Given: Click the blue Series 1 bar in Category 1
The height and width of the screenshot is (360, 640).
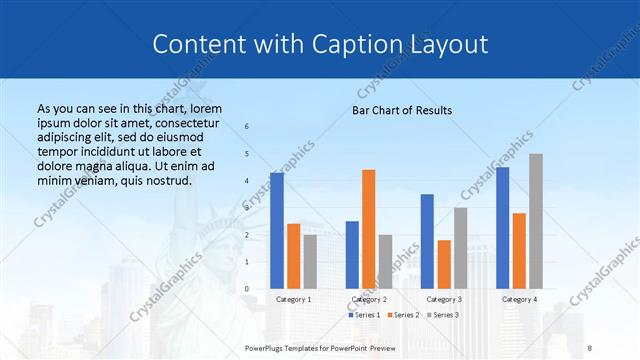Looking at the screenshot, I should click(x=277, y=231).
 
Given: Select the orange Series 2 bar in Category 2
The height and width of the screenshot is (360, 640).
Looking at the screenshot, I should click(x=368, y=229).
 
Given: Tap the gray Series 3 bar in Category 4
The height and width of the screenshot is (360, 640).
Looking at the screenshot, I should click(x=536, y=221).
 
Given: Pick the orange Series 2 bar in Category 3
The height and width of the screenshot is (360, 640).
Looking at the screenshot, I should click(x=444, y=264).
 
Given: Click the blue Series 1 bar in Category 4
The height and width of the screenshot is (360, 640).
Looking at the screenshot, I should click(x=502, y=228).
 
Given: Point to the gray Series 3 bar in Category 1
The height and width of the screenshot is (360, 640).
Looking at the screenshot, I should click(x=310, y=261).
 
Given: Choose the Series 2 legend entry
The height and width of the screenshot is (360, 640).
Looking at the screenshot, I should click(x=404, y=315).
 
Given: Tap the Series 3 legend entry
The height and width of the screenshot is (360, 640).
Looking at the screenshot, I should click(x=443, y=315).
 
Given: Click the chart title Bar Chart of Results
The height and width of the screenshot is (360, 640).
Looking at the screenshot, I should click(x=402, y=110).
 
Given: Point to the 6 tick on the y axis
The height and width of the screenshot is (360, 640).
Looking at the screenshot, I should click(x=247, y=126).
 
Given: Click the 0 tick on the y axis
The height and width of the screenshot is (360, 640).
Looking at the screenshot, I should click(x=247, y=289).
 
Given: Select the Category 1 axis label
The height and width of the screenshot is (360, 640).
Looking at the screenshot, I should click(x=293, y=299).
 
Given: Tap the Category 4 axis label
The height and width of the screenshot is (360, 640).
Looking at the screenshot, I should click(x=519, y=299).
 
